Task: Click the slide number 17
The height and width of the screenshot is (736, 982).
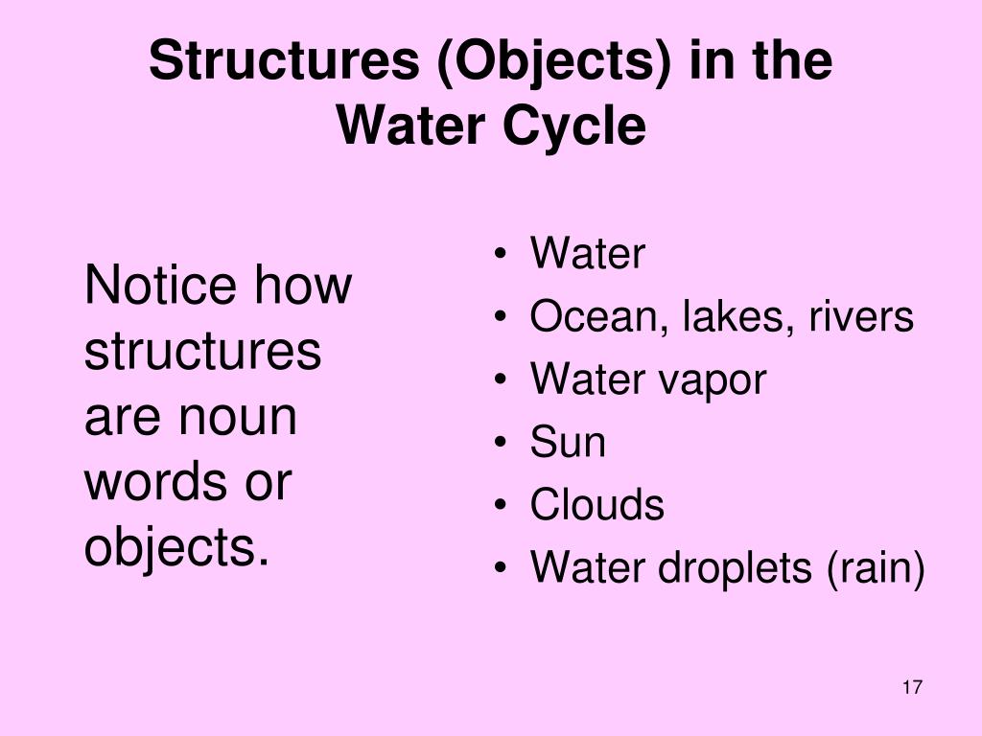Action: click(x=912, y=687)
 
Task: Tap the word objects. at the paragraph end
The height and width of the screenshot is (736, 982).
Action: click(x=175, y=548)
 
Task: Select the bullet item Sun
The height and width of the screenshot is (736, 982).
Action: click(x=568, y=443)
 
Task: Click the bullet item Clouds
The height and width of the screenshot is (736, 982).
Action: click(x=596, y=505)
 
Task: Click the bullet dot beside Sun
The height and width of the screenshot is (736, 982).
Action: click(x=503, y=444)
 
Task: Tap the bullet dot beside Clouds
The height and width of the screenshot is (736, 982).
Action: click(x=503, y=506)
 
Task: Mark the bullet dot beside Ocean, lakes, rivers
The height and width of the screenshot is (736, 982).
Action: click(x=503, y=318)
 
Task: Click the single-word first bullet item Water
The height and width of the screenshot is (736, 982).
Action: click(x=588, y=255)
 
